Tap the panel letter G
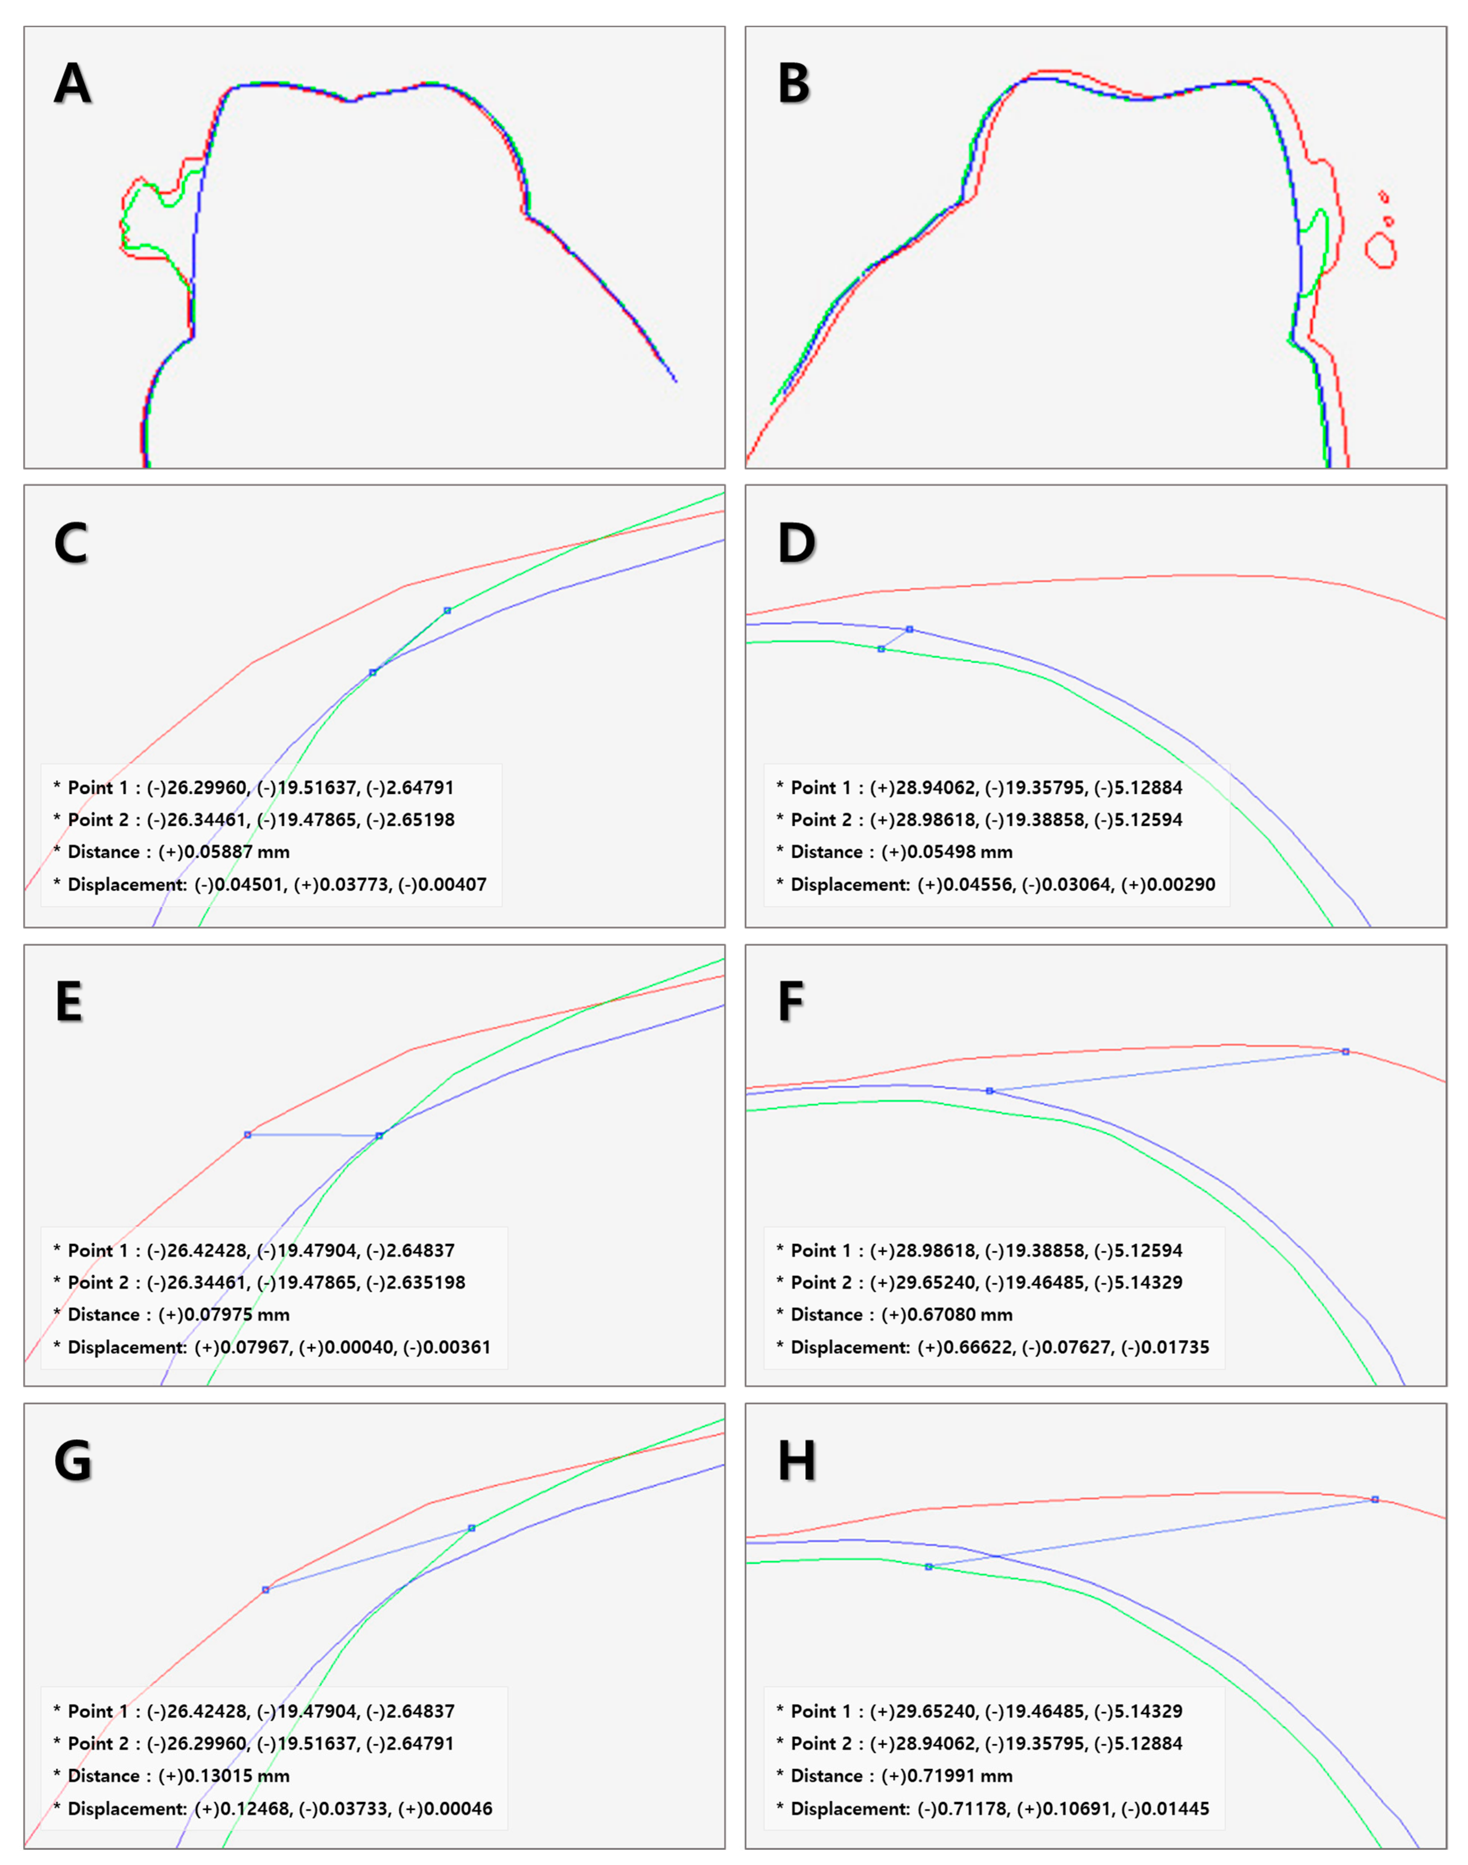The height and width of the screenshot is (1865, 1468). (x=73, y=1461)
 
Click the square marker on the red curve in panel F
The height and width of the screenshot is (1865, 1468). (x=1346, y=1051)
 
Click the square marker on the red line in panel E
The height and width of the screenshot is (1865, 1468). (x=248, y=1135)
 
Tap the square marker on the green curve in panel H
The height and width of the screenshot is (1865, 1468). (x=928, y=1567)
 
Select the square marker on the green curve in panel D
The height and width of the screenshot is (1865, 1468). (x=881, y=649)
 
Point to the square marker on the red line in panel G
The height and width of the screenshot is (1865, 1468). (x=266, y=1590)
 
